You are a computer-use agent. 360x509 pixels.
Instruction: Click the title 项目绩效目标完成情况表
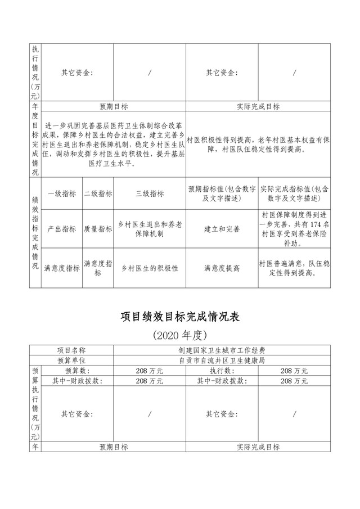(180, 317)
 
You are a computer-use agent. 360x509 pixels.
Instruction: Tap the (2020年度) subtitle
(180, 336)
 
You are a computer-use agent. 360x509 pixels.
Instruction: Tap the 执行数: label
(222, 371)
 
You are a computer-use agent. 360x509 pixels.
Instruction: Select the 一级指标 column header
(61, 194)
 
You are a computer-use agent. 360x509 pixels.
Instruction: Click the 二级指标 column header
(98, 194)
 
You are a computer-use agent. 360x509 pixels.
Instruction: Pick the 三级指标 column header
(150, 194)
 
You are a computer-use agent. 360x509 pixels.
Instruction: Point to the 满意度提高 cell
(222, 268)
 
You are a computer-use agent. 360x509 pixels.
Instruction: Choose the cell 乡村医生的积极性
(150, 268)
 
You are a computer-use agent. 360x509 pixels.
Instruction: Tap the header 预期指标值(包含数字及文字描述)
(222, 194)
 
